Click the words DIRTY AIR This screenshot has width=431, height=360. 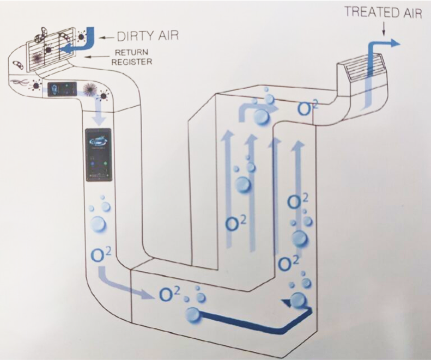148,36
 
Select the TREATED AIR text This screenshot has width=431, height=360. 383,13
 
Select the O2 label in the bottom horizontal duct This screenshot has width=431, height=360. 169,294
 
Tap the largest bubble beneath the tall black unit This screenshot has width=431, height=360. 98,225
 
